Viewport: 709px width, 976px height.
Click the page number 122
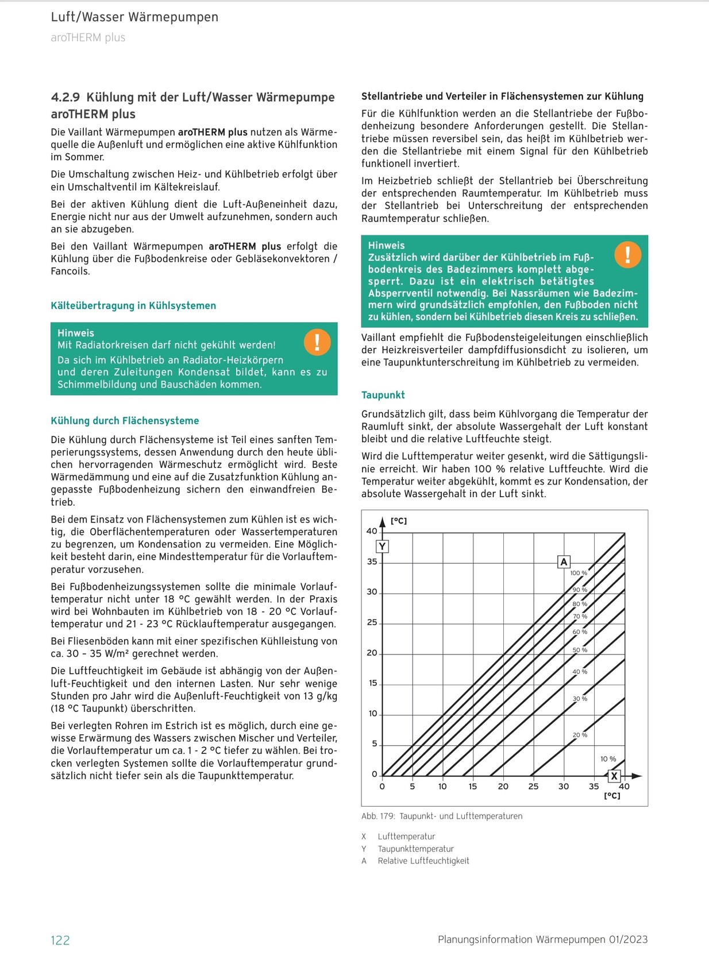[x=60, y=940]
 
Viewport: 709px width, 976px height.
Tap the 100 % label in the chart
[x=579, y=573]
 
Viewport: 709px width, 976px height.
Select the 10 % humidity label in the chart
[x=608, y=759]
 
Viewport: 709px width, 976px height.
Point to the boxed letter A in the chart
[x=564, y=562]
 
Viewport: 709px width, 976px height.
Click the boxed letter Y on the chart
[x=382, y=546]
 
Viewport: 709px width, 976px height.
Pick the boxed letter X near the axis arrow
[x=614, y=776]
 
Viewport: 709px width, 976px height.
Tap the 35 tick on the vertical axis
[x=372, y=561]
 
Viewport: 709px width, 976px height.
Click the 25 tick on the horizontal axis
[x=533, y=787]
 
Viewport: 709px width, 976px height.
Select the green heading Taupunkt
[x=383, y=395]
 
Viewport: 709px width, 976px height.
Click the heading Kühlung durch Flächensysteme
[x=125, y=421]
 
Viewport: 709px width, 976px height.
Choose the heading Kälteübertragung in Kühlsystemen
[x=133, y=306]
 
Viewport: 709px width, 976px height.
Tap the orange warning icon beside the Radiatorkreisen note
[x=317, y=342]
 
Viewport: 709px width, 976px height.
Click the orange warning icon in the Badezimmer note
[x=627, y=254]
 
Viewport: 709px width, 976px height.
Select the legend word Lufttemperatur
[x=406, y=836]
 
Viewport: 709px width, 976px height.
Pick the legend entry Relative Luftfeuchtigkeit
[x=423, y=861]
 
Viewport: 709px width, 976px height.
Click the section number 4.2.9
[x=65, y=98]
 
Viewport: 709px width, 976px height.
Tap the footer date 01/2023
[x=627, y=939]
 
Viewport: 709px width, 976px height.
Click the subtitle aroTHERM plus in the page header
[x=88, y=38]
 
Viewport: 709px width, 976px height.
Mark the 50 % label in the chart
[x=580, y=650]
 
